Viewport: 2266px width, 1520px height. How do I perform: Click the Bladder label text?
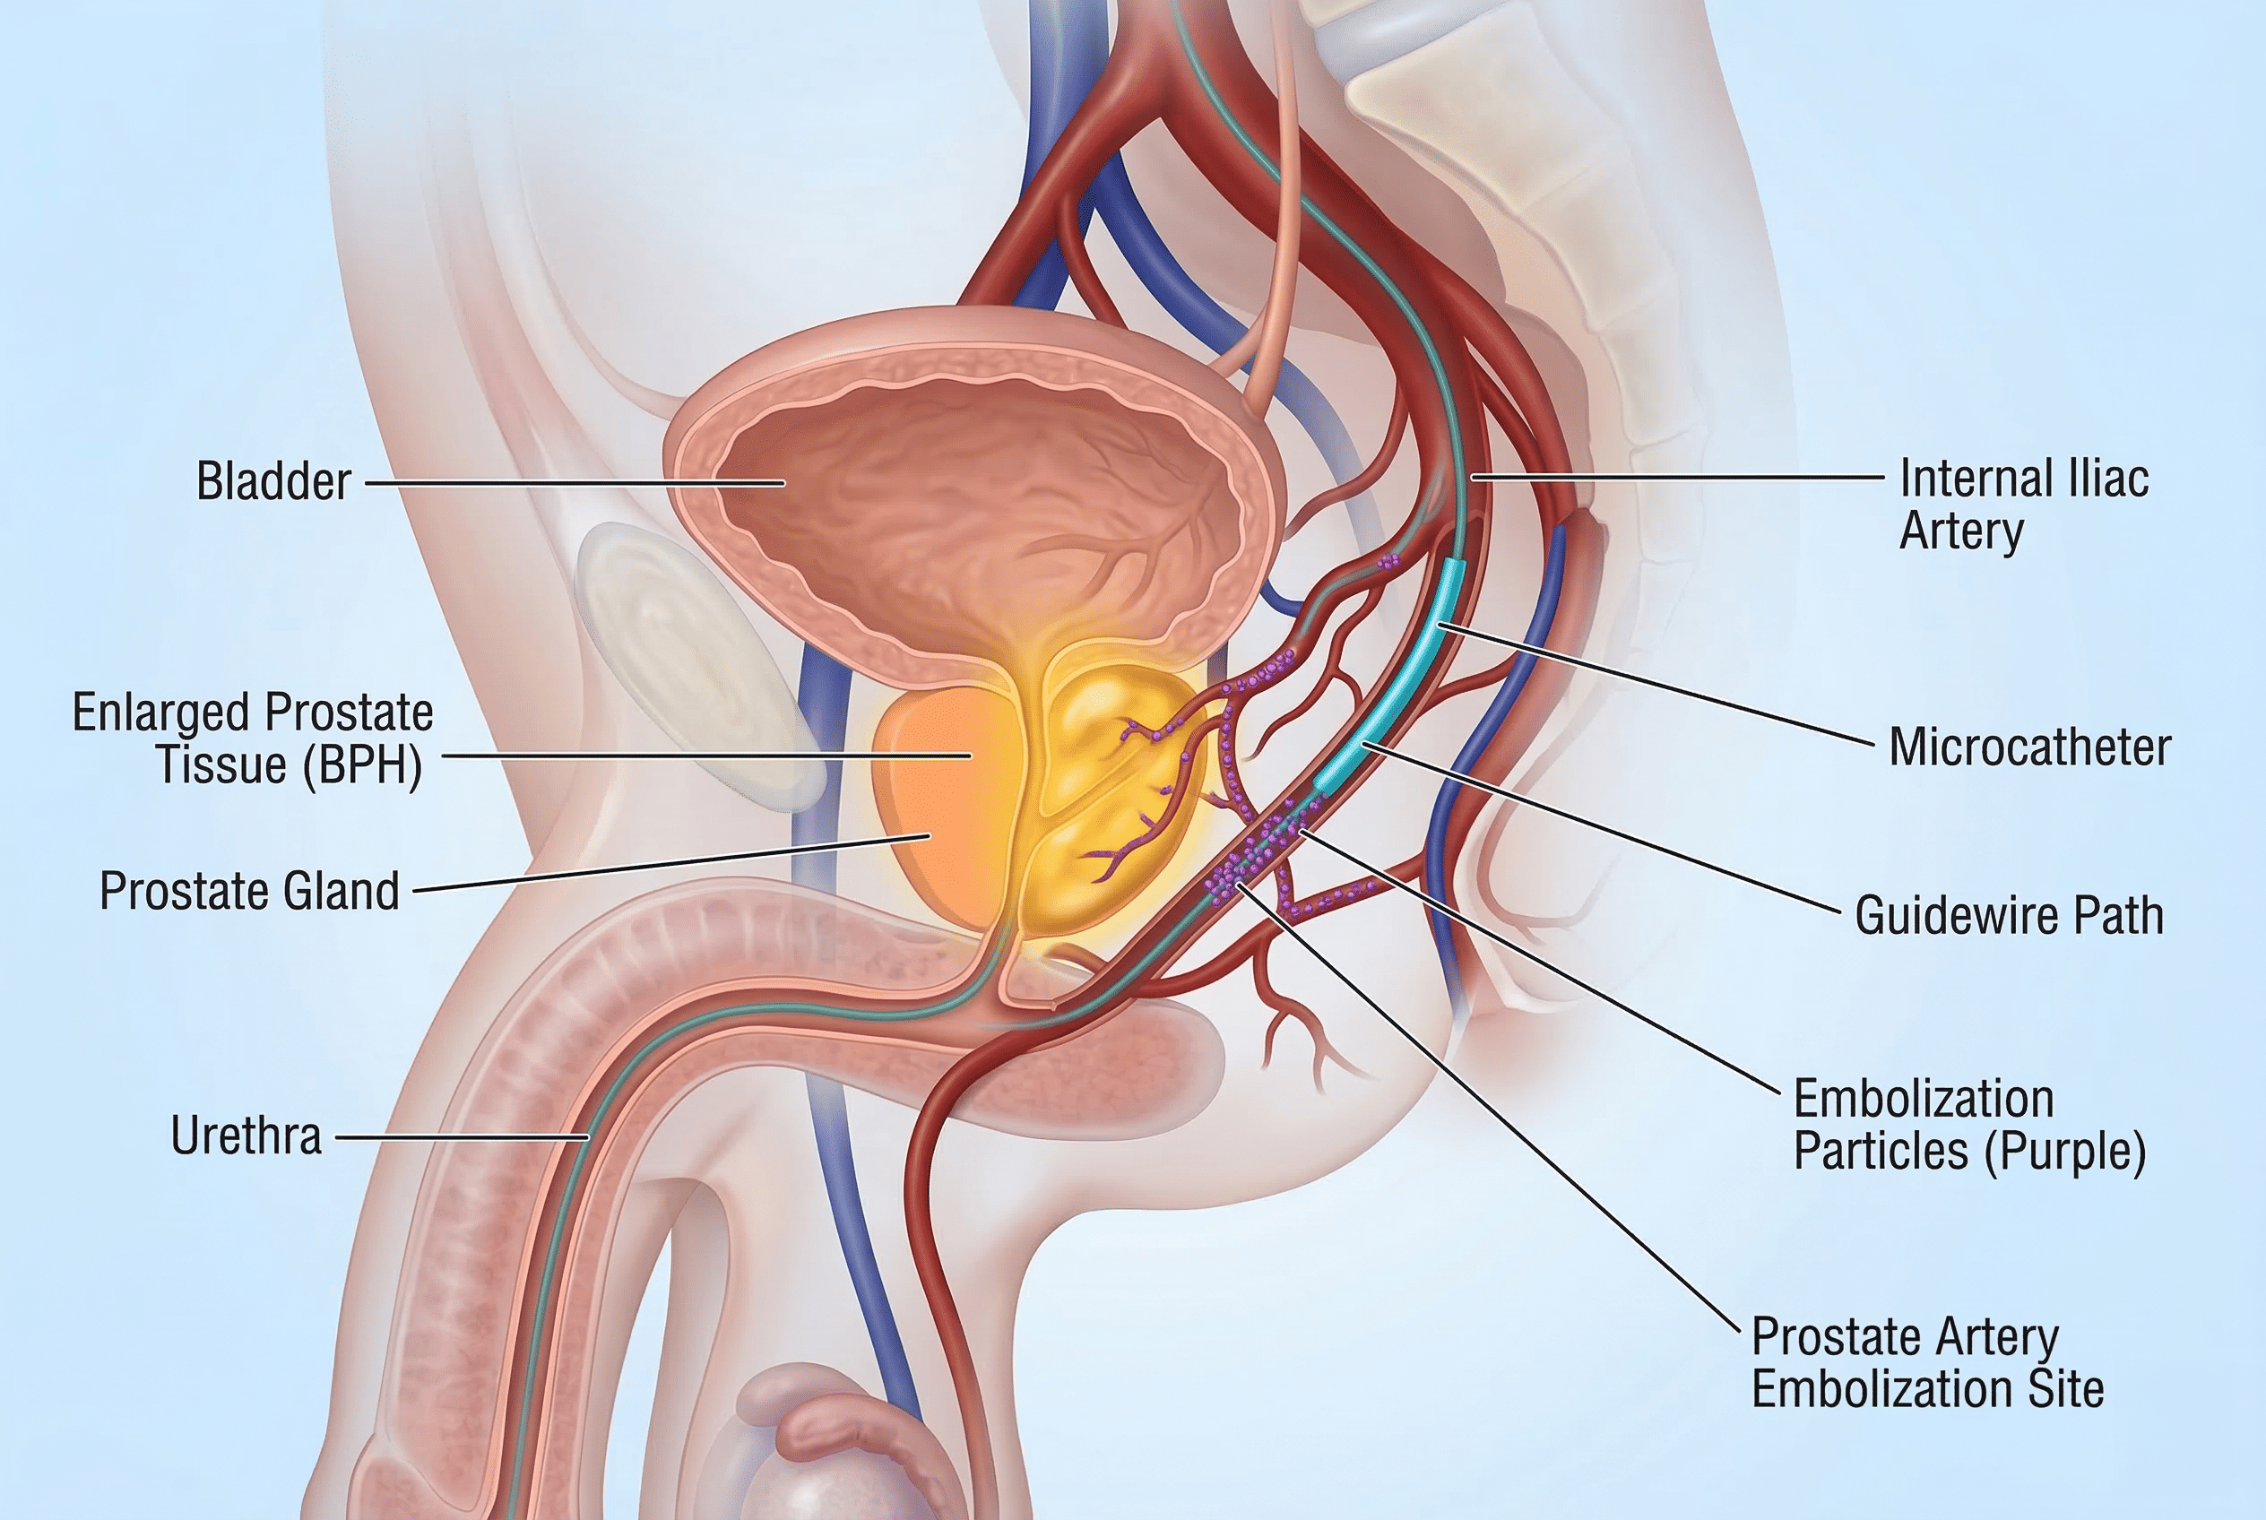273,482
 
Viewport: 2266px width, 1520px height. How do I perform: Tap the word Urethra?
246,1136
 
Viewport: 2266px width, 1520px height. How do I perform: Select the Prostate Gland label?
249,892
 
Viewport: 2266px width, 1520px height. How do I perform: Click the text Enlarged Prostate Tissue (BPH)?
253,739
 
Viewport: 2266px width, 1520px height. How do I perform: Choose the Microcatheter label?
2030,748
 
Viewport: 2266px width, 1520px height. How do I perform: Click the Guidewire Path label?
2010,915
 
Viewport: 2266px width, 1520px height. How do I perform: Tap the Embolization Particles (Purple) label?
1970,1126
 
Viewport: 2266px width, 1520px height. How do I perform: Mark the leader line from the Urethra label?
463,1137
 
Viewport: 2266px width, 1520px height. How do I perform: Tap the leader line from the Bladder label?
574,482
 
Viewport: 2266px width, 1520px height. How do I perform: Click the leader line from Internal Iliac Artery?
1677,477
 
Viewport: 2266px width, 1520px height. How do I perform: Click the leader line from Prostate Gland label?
672,863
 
